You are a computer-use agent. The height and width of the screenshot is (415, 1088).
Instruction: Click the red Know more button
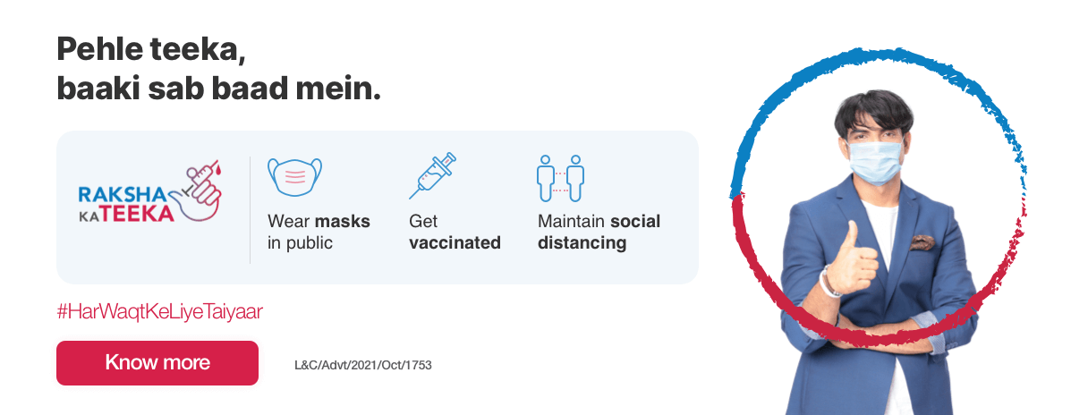coord(157,363)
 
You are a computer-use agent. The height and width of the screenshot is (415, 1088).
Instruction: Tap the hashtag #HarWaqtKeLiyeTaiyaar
coord(160,311)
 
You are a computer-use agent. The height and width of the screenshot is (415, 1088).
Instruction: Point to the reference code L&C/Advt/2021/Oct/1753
coord(363,365)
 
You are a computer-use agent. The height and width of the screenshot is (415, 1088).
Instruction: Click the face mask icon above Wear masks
coord(295,177)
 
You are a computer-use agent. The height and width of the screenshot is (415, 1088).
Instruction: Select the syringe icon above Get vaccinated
coord(432,175)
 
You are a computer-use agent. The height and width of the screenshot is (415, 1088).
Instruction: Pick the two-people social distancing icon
coord(560,178)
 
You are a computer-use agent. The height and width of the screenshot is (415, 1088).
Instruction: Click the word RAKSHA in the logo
coord(123,195)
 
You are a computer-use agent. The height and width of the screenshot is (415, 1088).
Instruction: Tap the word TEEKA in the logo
coord(138,214)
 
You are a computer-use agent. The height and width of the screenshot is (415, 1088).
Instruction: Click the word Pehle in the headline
coord(99,49)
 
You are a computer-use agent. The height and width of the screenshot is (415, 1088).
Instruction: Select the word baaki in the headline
coord(98,89)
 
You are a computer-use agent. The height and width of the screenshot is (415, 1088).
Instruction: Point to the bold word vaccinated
coord(455,242)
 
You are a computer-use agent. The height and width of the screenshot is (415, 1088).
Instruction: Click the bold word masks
coord(343,221)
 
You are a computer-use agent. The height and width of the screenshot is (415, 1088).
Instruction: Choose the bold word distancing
coord(582,243)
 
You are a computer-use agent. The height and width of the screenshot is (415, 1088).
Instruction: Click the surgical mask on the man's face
coord(876,162)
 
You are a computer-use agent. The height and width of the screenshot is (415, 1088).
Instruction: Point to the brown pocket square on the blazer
coord(922,241)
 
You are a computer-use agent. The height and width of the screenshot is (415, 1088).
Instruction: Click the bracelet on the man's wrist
coord(828,283)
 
